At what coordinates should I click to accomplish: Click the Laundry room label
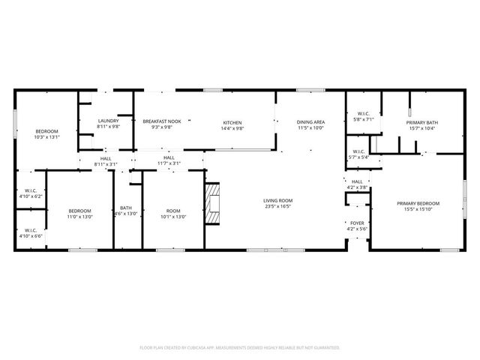109,121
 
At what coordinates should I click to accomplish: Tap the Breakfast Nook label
162,121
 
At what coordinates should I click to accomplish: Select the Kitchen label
232,122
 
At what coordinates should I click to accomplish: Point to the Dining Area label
310,122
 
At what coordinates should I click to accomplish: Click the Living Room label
277,200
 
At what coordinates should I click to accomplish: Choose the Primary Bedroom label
418,203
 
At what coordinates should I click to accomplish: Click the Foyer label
357,223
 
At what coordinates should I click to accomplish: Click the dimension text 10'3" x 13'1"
46,137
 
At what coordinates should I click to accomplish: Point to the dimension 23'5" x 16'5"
277,206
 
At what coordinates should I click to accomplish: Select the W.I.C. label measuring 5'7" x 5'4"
357,152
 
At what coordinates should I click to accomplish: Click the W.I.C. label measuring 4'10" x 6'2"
31,190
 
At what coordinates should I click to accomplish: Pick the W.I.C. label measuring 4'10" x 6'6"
31,230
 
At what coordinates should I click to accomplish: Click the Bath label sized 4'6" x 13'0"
126,208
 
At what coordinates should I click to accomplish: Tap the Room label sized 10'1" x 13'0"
173,211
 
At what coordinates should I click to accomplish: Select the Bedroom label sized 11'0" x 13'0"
79,211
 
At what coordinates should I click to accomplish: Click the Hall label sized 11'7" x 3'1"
169,158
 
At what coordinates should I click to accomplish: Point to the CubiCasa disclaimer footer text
240,347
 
